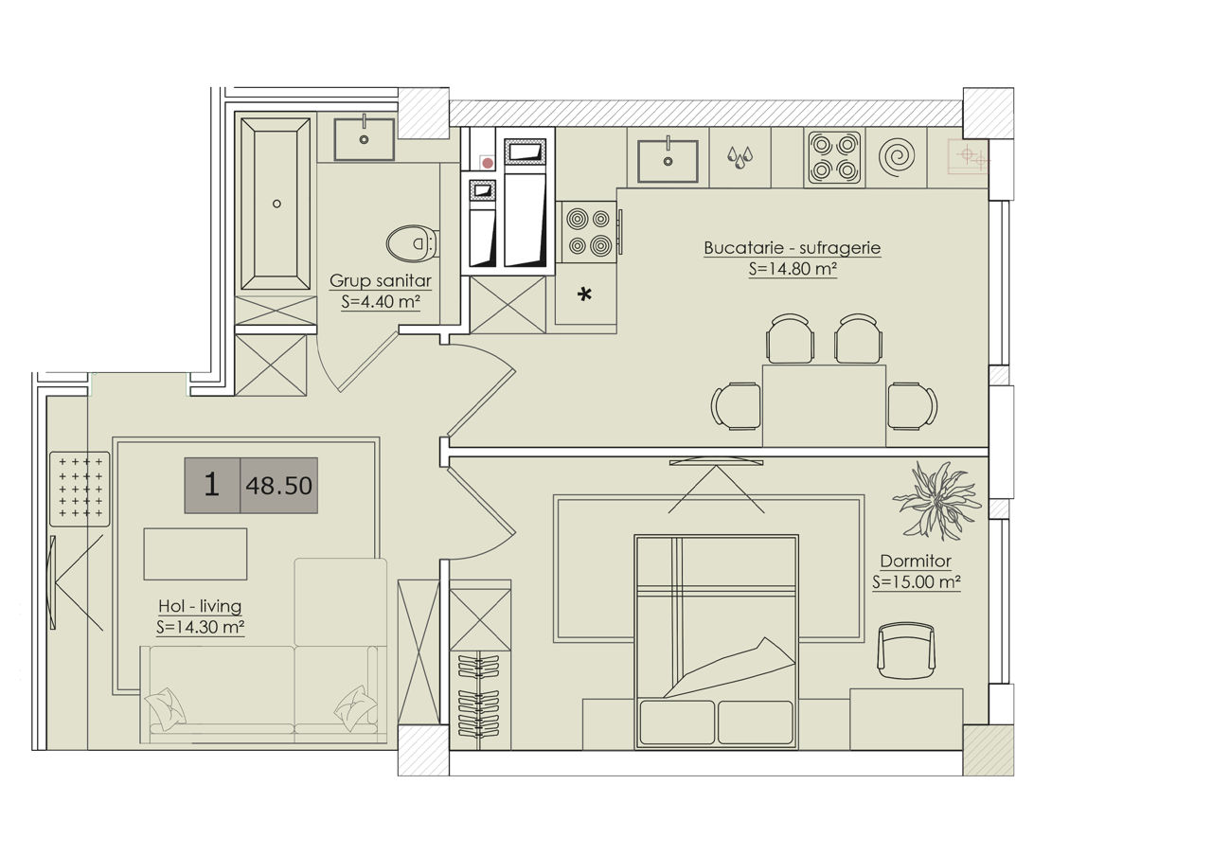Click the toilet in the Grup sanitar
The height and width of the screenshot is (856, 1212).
412,243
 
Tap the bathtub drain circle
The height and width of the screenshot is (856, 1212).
276,204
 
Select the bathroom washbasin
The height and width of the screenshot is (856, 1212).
364,139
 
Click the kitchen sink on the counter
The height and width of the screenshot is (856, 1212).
668,161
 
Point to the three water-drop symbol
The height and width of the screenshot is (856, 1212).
740,157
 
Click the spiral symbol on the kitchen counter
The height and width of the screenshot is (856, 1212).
897,157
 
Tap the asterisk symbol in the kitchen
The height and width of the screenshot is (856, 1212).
584,294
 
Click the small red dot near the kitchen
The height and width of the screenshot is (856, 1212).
488,163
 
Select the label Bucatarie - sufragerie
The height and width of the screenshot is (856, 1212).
793,248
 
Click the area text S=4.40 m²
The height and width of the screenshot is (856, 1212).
381,301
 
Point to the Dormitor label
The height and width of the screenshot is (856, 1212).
916,561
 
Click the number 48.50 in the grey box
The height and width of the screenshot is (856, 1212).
278,486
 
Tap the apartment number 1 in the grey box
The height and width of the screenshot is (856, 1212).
211,484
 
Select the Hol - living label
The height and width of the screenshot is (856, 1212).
200,606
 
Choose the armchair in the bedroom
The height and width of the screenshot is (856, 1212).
906,651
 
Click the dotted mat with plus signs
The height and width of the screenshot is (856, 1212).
80,489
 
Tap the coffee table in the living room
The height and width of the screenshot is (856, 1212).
195,554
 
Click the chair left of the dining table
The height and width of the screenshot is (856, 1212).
736,406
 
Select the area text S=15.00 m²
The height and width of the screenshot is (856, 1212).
916,582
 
